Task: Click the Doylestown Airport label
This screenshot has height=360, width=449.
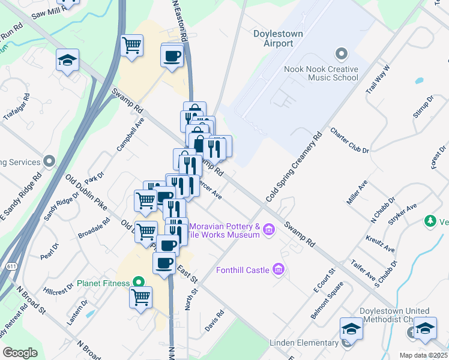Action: [x=278, y=38]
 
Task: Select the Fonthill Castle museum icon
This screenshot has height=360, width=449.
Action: [x=278, y=270]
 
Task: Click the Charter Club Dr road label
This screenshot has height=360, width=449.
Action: [x=349, y=140]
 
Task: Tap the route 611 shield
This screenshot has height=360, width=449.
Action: [x=12, y=265]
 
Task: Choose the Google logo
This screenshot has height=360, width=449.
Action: [x=20, y=353]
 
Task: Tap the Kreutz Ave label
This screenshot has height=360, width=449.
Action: [x=381, y=244]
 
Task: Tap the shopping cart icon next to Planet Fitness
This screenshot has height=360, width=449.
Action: [x=141, y=296]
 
